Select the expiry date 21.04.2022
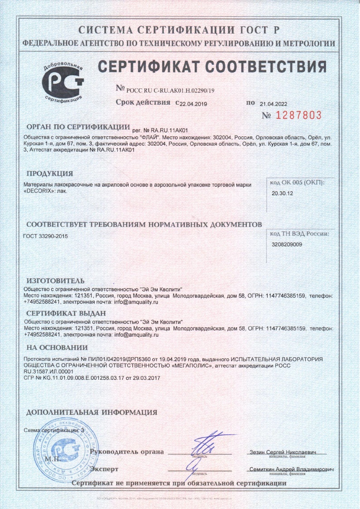(274, 103)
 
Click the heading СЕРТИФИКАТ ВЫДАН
(66, 313)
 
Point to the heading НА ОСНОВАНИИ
(57, 348)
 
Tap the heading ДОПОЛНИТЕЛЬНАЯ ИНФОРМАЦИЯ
(92, 412)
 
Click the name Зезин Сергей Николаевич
(288, 452)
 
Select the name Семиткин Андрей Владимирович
(292, 469)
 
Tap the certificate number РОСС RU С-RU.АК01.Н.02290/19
(170, 90)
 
